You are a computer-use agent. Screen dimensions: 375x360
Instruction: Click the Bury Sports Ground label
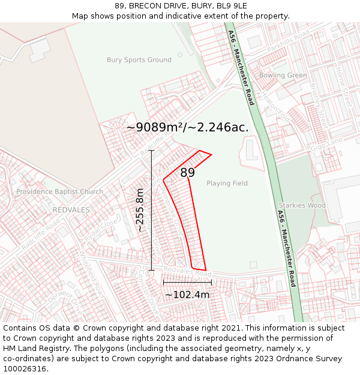click(139, 60)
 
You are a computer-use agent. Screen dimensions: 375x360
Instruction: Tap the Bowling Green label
click(283, 76)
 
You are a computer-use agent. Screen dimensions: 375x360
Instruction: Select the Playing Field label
click(227, 183)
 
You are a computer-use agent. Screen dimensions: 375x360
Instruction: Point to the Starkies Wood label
click(302, 205)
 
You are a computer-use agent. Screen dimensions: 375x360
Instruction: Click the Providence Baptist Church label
click(59, 192)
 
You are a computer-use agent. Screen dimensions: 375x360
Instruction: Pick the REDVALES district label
click(71, 210)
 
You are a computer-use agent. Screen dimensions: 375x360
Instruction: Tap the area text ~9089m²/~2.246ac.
click(187, 127)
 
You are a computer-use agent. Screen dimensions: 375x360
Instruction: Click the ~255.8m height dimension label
click(140, 210)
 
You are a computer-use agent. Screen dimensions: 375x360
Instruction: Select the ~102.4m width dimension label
click(187, 295)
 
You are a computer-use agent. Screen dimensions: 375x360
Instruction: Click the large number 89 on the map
click(187, 173)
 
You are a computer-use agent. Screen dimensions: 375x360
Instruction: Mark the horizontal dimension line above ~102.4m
click(187, 282)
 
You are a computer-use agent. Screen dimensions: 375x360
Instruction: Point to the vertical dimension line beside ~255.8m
click(152, 210)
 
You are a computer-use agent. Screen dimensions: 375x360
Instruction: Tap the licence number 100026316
click(26, 369)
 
